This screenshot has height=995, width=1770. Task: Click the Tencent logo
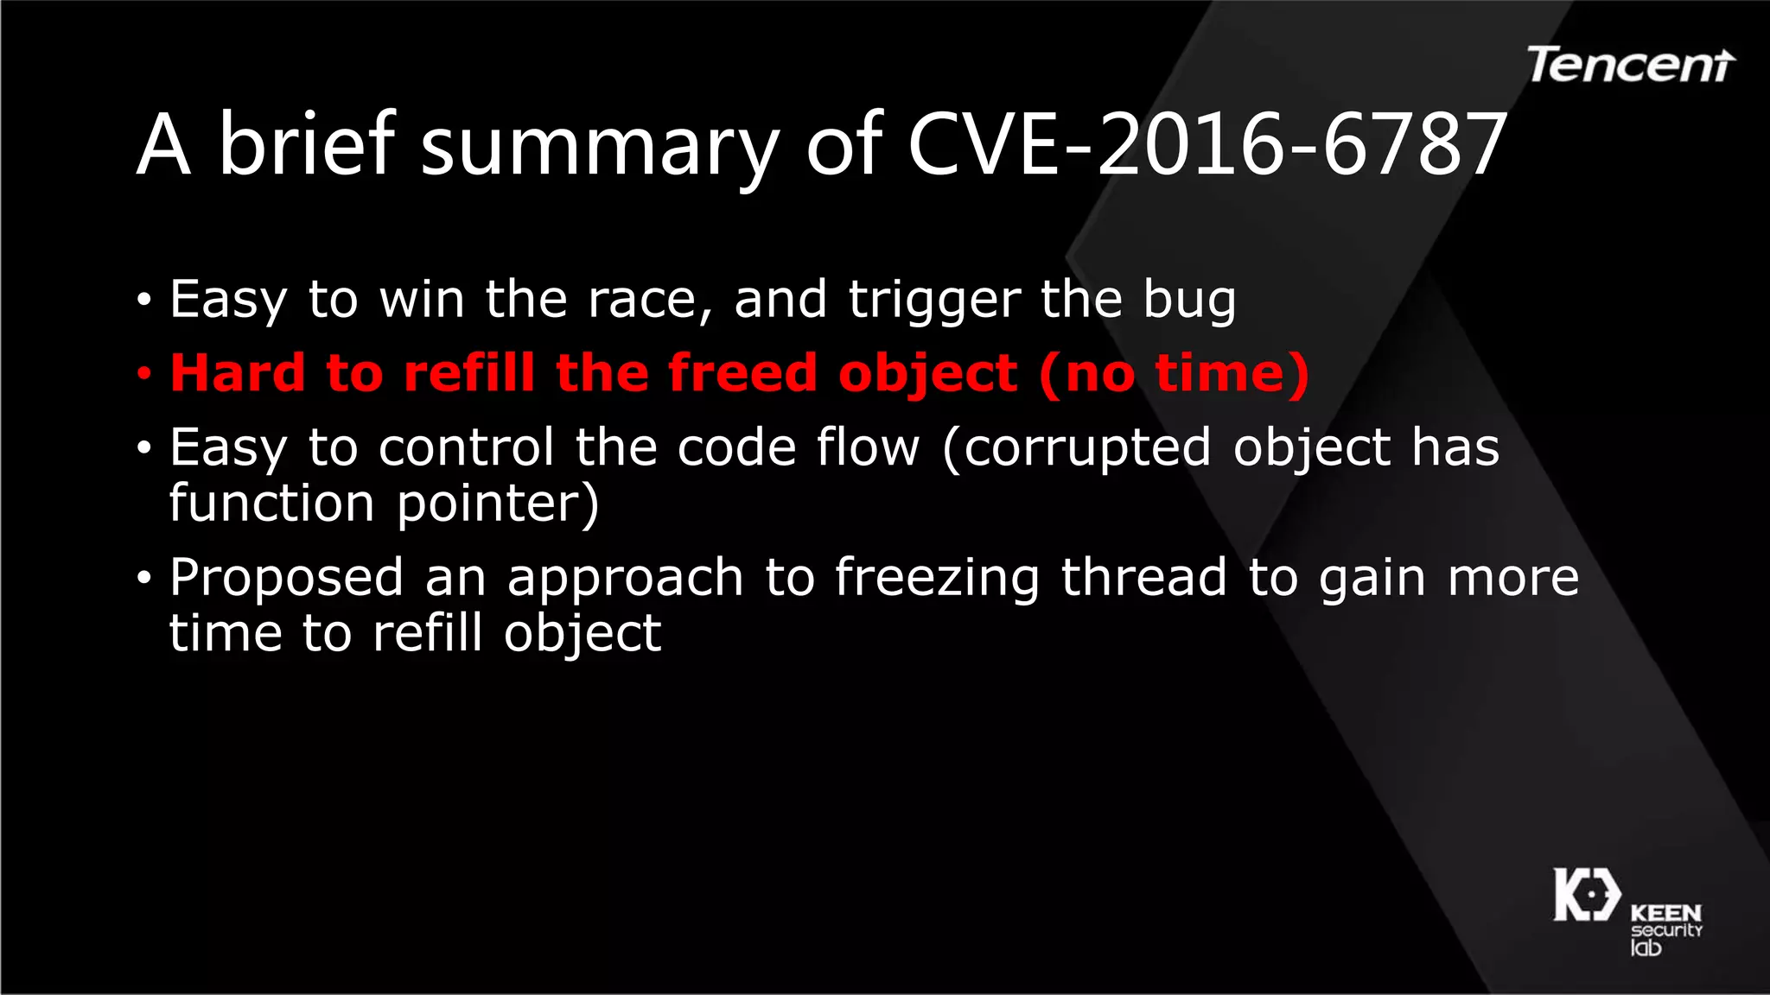[1630, 66]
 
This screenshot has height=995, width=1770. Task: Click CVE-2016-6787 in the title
[1207, 145]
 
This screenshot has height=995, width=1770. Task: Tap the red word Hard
[238, 373]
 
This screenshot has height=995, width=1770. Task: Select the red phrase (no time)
[1174, 374]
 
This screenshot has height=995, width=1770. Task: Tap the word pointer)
[498, 504]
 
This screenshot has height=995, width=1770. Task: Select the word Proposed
[286, 579]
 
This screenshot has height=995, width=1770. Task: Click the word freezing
[937, 579]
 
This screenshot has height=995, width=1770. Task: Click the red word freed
[742, 373]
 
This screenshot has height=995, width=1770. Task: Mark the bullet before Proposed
[144, 577]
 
